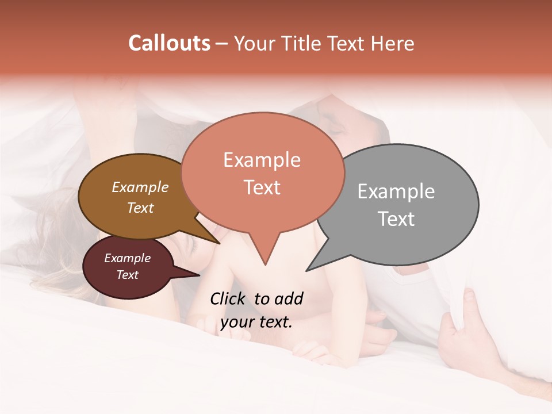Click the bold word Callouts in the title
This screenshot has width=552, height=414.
coord(170,43)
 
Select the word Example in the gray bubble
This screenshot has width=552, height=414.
coord(396,191)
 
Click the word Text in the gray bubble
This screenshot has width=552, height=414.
coord(396,219)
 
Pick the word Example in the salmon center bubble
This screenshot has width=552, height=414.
coord(262,160)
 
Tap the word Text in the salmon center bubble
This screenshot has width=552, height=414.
coord(262,187)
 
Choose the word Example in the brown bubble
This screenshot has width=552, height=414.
coord(140,187)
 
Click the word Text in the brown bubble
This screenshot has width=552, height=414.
coord(140,208)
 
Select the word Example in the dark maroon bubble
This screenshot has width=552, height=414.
coord(128,258)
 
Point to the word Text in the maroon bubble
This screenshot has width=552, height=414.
coord(128,275)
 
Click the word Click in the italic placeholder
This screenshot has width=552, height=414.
coord(229,298)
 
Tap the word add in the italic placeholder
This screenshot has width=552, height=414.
coord(288,298)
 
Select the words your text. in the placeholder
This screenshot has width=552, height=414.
coord(256,322)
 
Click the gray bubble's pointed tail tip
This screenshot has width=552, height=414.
coord(308,270)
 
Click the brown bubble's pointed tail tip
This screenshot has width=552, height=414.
coord(219,243)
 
